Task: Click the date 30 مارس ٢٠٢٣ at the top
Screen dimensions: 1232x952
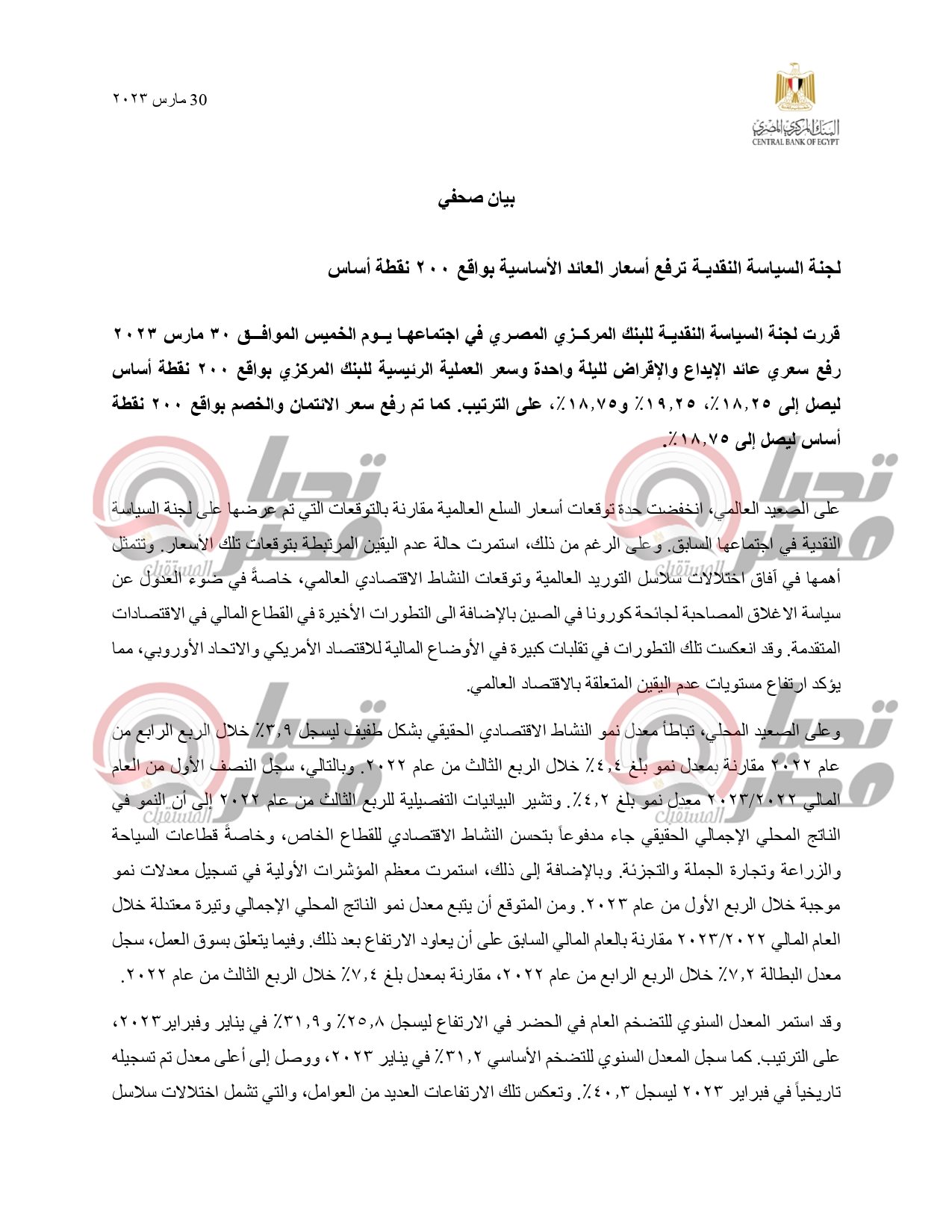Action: (159, 100)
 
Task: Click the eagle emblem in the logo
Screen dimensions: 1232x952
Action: (794, 88)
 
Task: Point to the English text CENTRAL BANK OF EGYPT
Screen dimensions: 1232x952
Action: (795, 142)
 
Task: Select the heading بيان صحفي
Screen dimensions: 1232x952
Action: (476, 199)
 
